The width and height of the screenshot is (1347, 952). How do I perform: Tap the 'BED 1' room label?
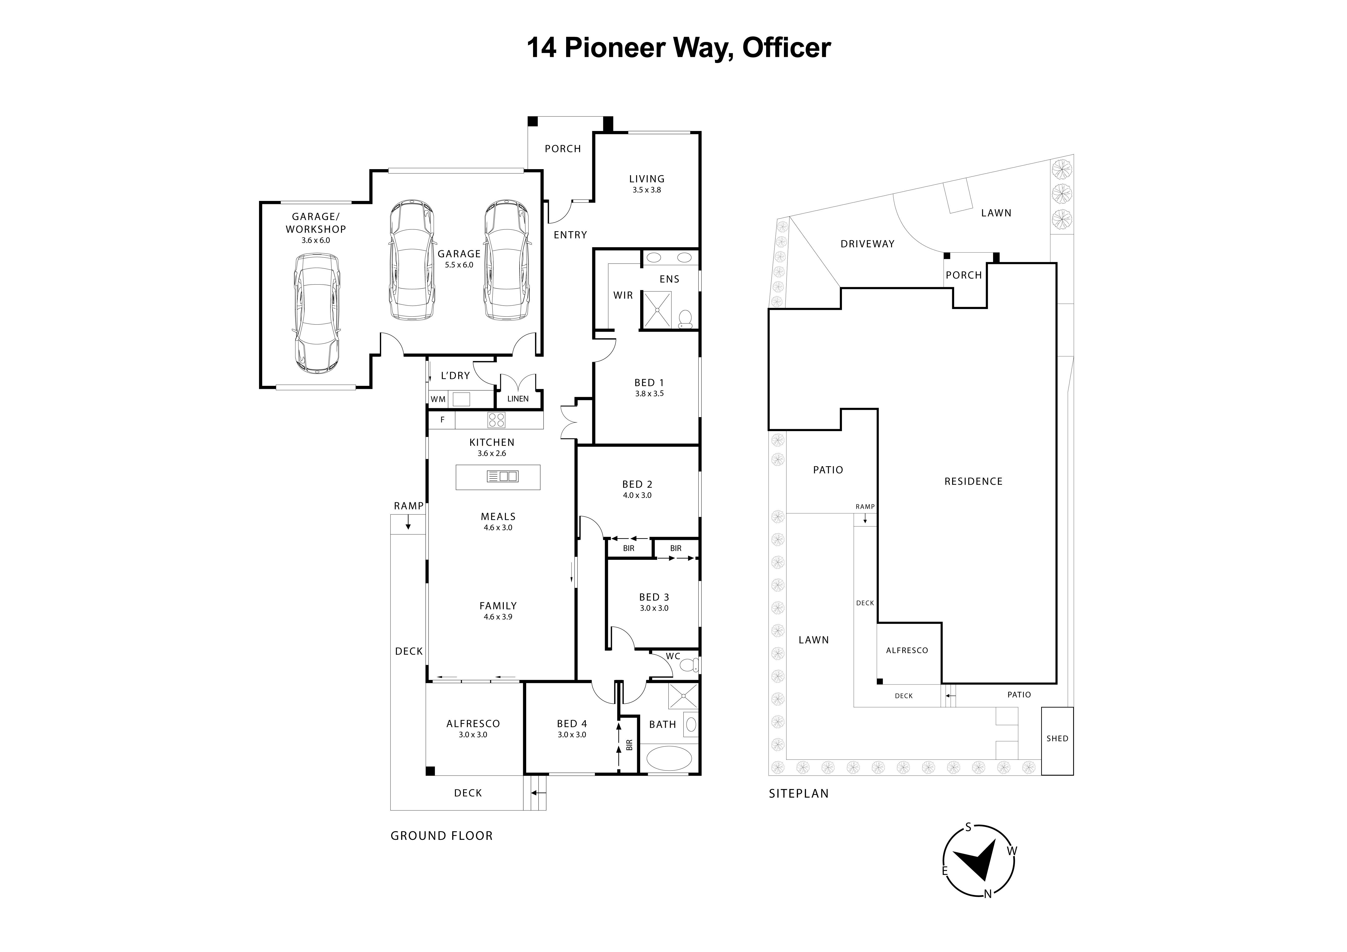tap(649, 383)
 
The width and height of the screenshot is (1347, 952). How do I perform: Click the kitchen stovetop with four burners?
tap(496, 420)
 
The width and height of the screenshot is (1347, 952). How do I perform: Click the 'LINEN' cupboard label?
tap(518, 399)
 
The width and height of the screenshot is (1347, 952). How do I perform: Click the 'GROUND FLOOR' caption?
tap(441, 836)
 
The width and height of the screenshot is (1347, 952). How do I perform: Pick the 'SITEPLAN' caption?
tap(798, 794)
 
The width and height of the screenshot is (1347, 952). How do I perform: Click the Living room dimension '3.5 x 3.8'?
tap(647, 190)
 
